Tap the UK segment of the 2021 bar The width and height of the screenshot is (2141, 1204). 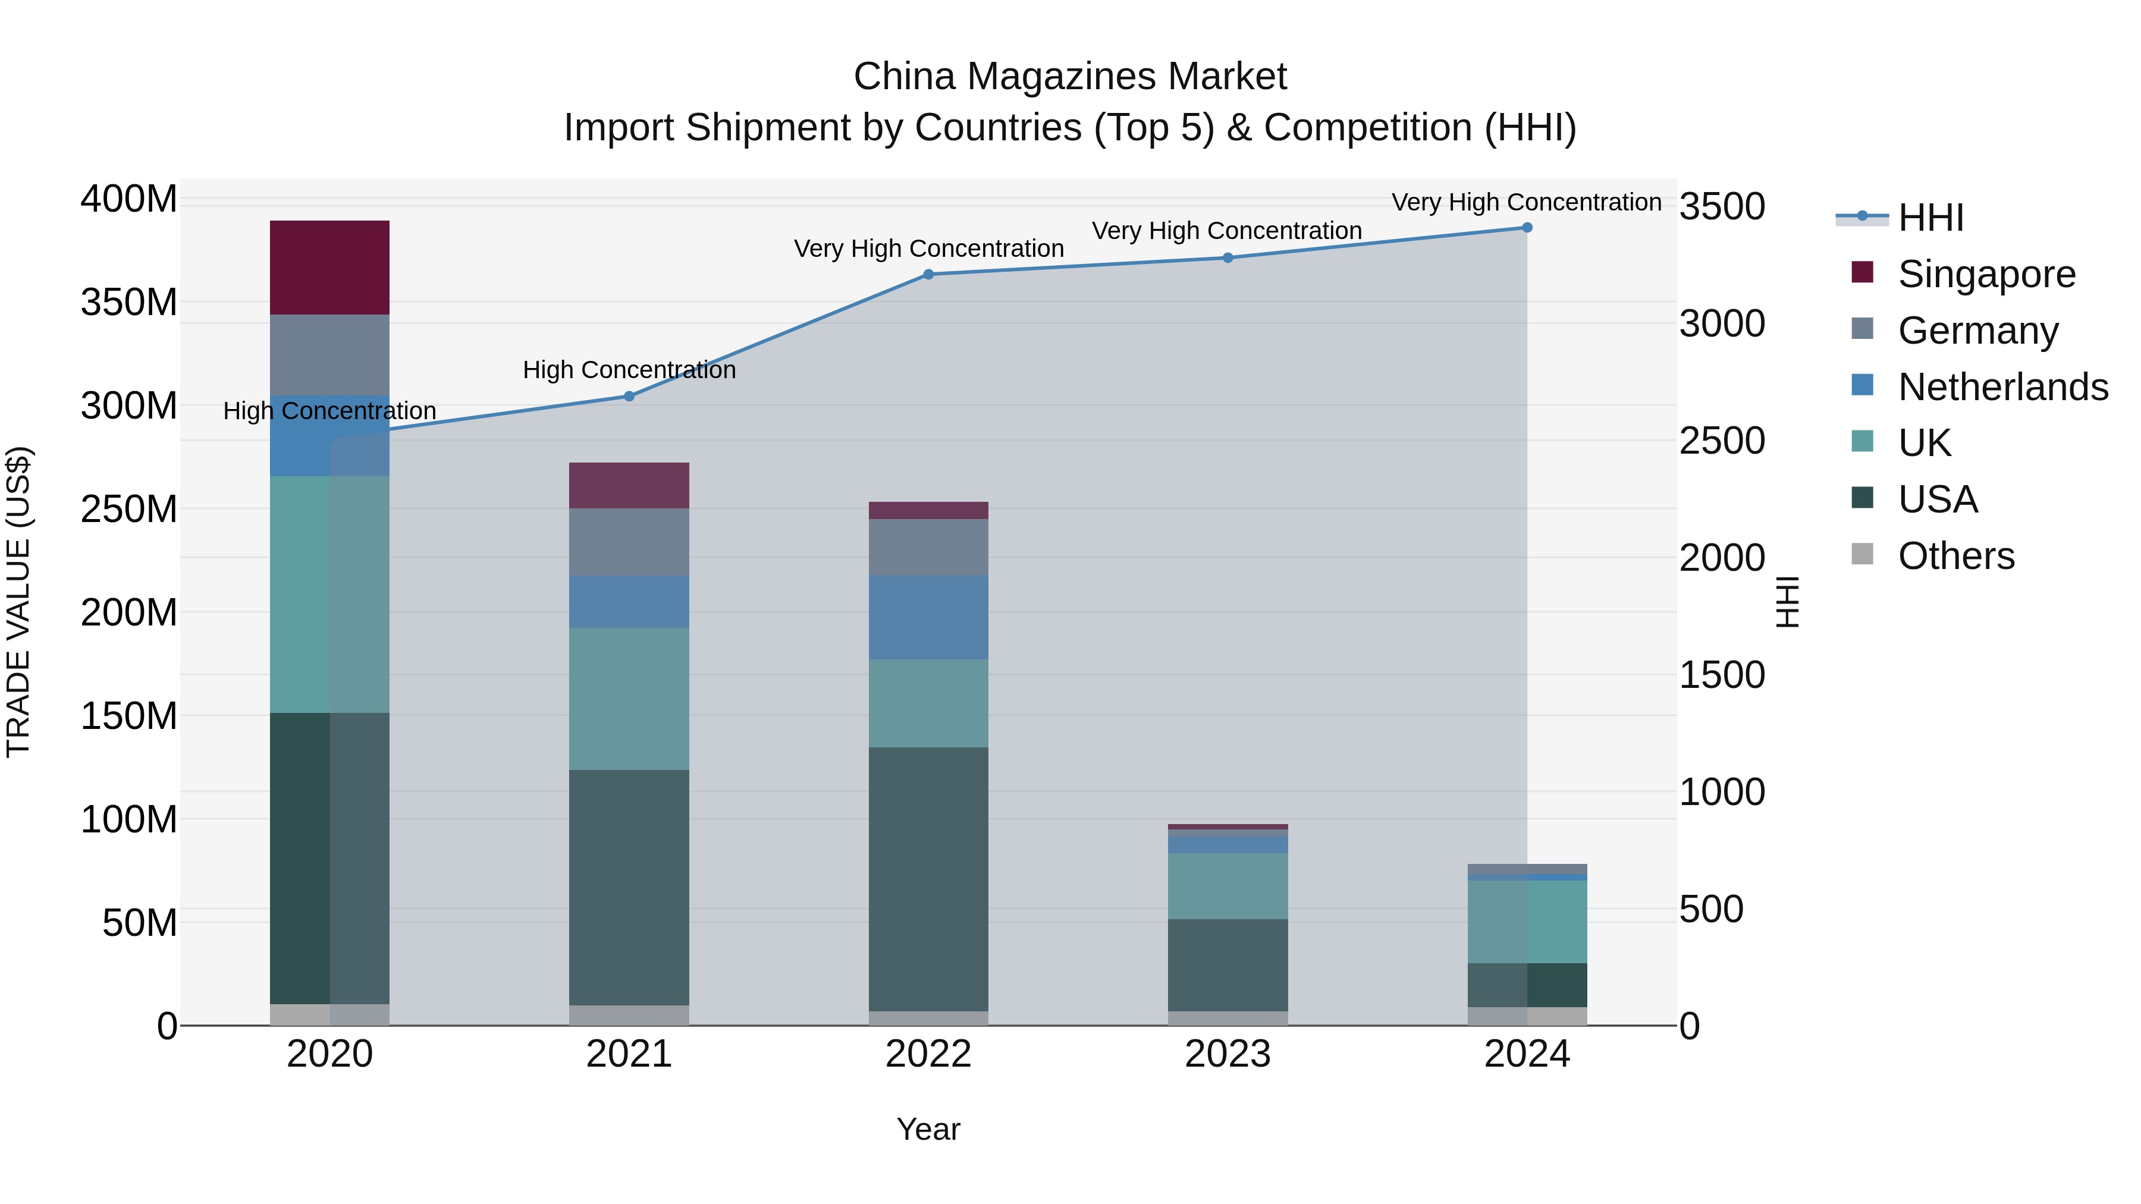(629, 698)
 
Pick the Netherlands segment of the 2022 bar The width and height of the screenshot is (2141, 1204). (928, 617)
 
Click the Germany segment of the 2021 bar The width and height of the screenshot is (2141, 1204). (629, 542)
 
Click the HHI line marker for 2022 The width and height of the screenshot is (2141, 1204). (928, 274)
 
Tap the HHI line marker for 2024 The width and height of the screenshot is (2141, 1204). (1527, 228)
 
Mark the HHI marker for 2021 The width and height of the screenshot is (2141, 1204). (629, 397)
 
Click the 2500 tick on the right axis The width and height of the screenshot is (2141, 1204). (1721, 441)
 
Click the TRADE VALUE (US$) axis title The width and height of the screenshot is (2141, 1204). (18, 602)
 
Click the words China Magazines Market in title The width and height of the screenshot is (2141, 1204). (1070, 77)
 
